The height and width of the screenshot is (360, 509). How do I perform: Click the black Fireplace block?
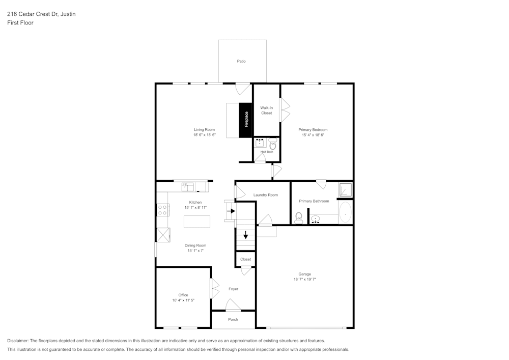click(246, 120)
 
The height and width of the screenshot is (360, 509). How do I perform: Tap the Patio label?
click(241, 61)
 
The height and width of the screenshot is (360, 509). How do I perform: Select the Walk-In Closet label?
click(266, 110)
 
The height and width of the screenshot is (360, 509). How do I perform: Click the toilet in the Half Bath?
click(272, 144)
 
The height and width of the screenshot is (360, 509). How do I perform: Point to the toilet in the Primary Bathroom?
click(299, 218)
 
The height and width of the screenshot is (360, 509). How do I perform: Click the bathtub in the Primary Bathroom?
click(346, 213)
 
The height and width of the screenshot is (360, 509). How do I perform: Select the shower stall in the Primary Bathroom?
click(346, 190)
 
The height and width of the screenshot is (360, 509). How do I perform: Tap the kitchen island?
click(197, 221)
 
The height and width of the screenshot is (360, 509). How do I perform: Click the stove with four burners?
click(163, 209)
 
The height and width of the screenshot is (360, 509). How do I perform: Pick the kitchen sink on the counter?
click(187, 187)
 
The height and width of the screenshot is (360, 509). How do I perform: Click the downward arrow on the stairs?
click(246, 235)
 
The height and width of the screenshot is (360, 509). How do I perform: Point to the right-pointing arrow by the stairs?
click(231, 211)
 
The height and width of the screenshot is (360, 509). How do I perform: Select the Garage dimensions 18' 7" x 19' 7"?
click(305, 280)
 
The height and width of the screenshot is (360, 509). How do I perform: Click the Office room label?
click(183, 295)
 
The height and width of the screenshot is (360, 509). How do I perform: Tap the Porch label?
click(233, 320)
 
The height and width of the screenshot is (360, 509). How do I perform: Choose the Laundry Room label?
click(266, 195)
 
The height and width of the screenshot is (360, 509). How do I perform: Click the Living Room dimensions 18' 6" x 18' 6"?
click(205, 135)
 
